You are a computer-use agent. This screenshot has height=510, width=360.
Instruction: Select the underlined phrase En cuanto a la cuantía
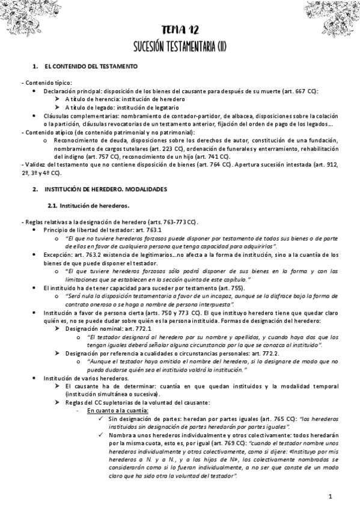click(x=118, y=410)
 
